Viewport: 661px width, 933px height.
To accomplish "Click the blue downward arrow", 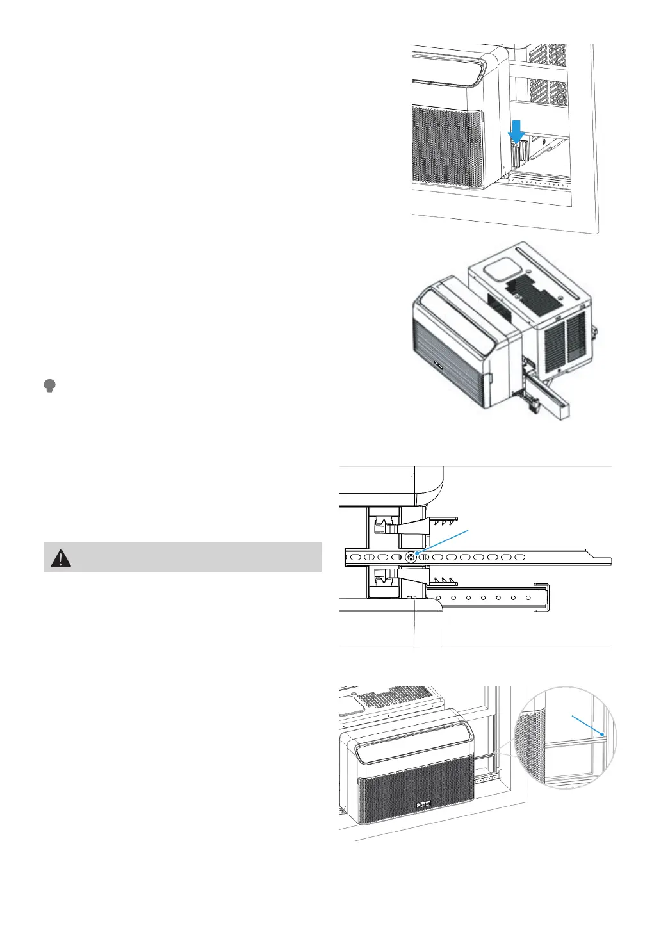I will [x=516, y=131].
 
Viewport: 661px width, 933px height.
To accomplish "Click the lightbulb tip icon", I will [x=49, y=385].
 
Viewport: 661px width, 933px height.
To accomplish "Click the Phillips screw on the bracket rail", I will [x=410, y=556].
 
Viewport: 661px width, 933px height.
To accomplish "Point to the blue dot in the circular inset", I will [x=602, y=734].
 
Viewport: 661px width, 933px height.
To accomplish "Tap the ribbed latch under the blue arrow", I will [x=519, y=152].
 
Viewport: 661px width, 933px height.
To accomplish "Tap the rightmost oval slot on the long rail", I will [x=520, y=556].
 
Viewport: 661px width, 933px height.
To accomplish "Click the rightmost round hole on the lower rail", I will [x=528, y=597].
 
